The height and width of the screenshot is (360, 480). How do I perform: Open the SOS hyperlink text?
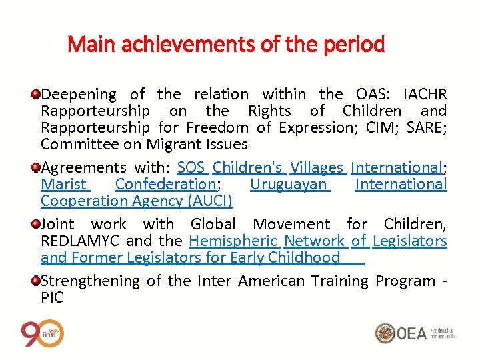191,167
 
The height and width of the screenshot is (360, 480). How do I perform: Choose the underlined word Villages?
317,167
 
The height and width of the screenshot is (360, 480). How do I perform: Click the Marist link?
63,184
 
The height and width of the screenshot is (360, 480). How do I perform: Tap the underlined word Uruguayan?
289,184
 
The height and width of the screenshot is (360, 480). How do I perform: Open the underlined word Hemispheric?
233,241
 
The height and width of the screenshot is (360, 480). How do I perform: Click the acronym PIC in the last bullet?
52,297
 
